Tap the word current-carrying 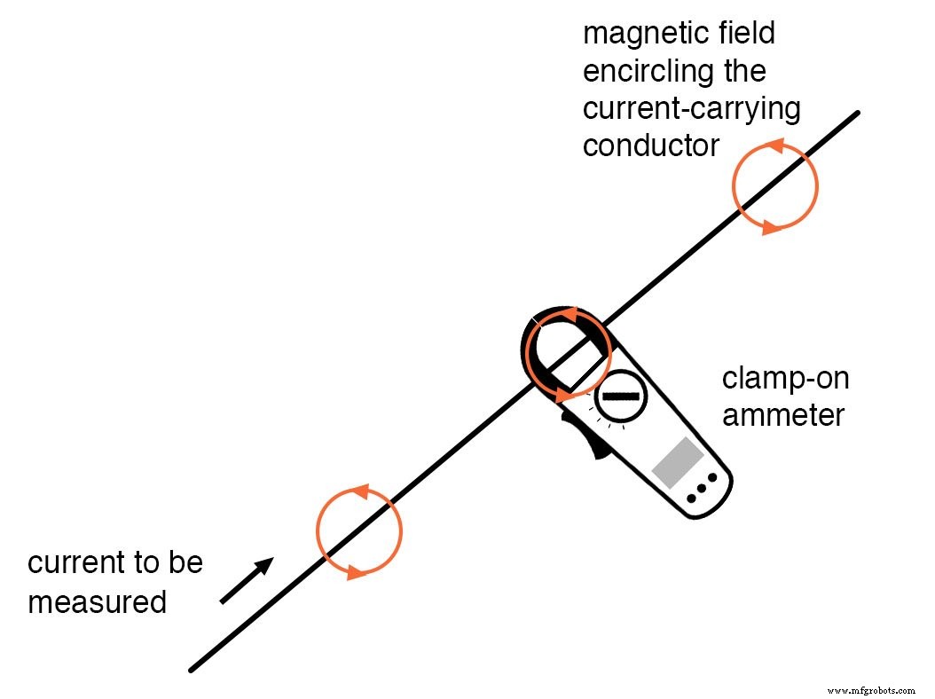tap(691, 108)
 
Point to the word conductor tap(650, 145)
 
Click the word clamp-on tap(785, 379)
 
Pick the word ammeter tap(783, 413)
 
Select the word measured tap(97, 602)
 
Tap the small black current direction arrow tap(247, 581)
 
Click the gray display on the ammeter tap(678, 462)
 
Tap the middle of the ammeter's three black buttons tap(702, 489)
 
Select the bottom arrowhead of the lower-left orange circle tap(355, 572)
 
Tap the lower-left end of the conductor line tap(192, 669)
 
